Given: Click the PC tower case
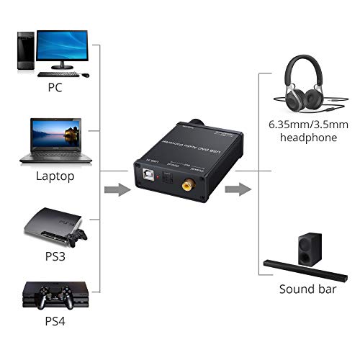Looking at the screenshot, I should tap(24, 51).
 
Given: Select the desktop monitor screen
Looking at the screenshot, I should tap(62, 47).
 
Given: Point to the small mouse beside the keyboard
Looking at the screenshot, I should tap(85, 74).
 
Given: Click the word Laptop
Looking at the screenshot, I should tap(55, 176).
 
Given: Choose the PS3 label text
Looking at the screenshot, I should tap(55, 256).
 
